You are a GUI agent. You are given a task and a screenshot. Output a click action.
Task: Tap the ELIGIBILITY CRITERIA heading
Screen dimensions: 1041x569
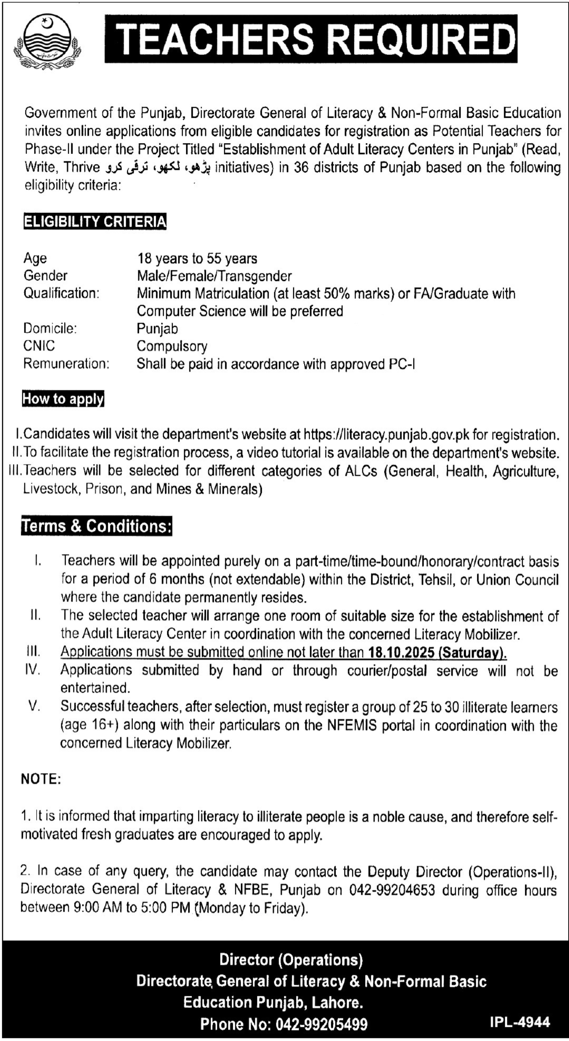pos(95,222)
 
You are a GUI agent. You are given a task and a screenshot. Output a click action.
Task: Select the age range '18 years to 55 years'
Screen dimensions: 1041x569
pos(197,258)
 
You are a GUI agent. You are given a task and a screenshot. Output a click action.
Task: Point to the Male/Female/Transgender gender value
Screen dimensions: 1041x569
pos(214,276)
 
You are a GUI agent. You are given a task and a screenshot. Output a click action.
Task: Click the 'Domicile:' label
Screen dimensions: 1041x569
pos(50,328)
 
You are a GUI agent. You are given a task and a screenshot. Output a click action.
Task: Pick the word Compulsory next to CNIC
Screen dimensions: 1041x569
pos(172,346)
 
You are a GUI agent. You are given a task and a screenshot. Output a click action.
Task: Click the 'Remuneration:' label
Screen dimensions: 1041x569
pos(66,364)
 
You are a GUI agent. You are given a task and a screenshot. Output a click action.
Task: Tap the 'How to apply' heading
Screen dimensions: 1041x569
pos(63,399)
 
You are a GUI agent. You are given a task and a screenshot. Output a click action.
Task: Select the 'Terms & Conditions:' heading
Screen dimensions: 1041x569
pos(97,526)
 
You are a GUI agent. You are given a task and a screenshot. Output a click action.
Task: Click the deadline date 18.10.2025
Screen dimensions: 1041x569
pos(401,653)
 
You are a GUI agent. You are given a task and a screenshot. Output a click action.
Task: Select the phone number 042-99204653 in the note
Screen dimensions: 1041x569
pos(392,890)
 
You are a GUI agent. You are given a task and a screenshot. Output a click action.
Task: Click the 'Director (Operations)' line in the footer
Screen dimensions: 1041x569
pos(291,960)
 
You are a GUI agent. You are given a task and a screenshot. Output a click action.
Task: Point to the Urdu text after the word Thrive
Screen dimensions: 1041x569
pos(158,168)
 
